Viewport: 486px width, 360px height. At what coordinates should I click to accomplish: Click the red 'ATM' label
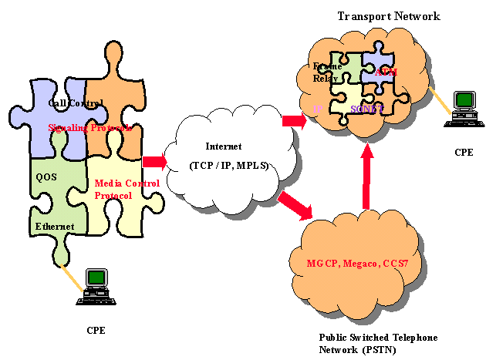click(386, 72)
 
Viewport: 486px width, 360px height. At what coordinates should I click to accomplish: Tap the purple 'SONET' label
click(366, 109)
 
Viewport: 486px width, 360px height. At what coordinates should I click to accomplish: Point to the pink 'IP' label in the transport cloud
click(318, 109)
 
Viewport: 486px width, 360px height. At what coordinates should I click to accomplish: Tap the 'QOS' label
click(47, 176)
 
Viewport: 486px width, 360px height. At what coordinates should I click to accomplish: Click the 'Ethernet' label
click(55, 227)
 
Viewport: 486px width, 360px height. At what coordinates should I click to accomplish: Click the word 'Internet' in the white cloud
click(224, 146)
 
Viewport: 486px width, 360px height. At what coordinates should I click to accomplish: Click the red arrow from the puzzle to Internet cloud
click(154, 161)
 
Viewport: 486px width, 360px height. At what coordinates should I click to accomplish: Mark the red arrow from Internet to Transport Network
click(294, 121)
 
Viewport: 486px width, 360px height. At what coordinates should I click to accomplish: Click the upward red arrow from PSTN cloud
click(368, 177)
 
